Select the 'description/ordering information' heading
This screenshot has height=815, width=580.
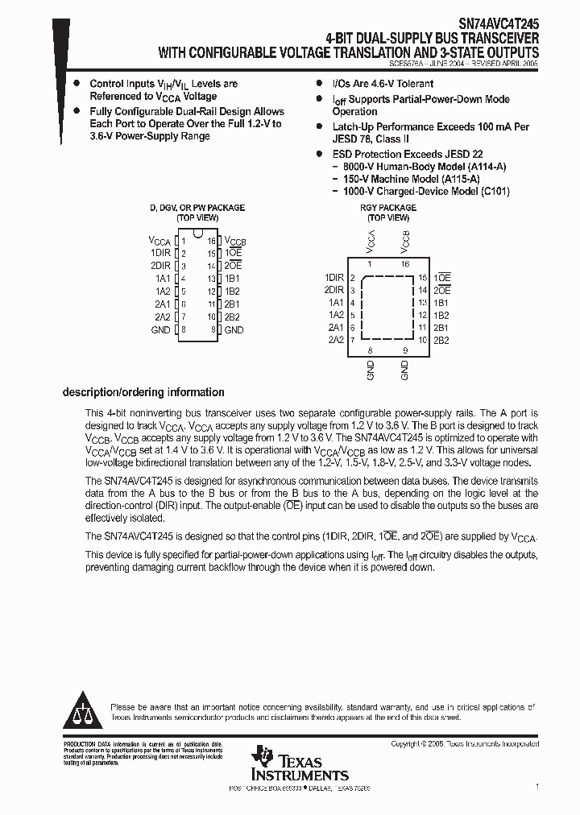(143, 392)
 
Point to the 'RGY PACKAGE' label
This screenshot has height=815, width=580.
(387, 208)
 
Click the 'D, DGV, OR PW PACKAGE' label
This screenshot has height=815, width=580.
(197, 208)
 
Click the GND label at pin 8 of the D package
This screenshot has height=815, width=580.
(160, 329)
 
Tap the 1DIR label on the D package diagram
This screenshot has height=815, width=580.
(160, 253)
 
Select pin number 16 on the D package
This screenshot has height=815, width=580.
(212, 241)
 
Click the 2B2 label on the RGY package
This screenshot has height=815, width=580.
(441, 341)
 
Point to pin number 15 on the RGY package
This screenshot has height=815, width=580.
(422, 277)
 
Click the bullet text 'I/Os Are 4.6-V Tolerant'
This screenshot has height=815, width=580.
(383, 84)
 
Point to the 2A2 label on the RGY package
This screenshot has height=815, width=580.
(336, 341)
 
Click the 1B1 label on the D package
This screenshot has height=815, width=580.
(233, 279)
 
